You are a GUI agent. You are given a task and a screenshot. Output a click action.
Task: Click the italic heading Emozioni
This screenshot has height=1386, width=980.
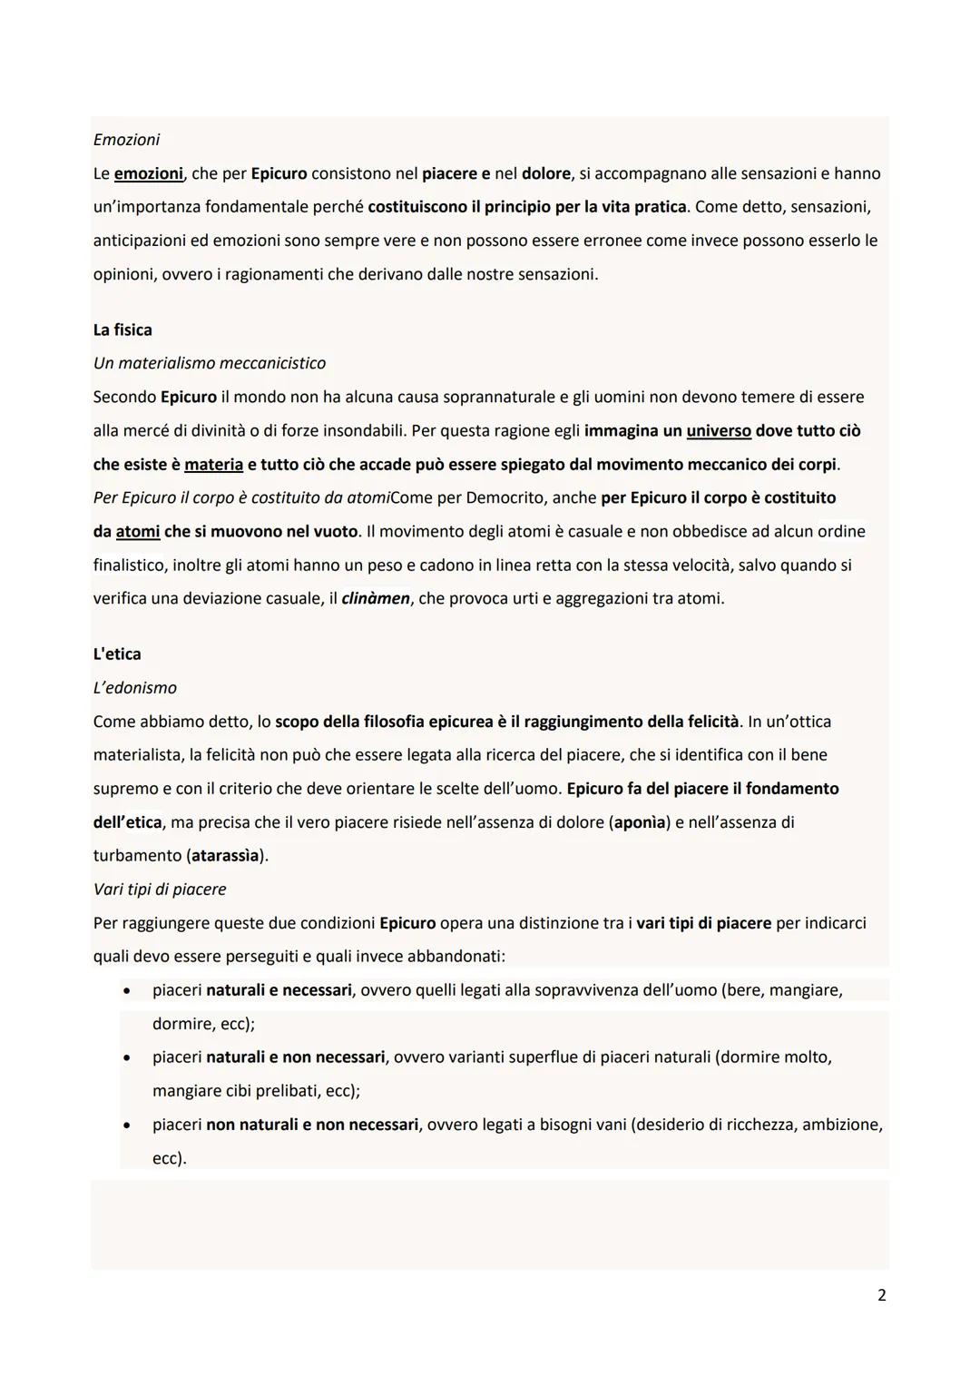126,140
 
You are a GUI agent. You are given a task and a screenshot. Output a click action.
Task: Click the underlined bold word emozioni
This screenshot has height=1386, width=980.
149,173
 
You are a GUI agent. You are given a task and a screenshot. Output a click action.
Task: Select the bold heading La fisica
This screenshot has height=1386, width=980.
122,329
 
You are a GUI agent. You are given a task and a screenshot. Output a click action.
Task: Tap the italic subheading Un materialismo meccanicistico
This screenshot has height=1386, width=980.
209,363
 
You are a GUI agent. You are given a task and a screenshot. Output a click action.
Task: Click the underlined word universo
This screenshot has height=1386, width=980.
718,431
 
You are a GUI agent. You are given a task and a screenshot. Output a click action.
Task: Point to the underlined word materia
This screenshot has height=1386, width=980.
213,465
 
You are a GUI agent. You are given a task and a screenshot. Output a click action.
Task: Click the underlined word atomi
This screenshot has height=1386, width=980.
138,532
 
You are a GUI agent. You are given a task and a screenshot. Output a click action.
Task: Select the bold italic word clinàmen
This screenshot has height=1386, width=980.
376,599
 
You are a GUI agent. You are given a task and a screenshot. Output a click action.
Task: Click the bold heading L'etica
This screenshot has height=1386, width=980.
117,654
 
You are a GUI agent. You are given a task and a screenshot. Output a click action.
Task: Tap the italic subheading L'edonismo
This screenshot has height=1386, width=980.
134,688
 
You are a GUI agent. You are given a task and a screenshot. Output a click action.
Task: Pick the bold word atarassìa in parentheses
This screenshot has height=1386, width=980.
225,856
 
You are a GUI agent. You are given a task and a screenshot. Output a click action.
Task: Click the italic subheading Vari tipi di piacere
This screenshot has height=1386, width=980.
159,890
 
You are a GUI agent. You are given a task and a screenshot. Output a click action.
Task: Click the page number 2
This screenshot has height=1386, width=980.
881,1295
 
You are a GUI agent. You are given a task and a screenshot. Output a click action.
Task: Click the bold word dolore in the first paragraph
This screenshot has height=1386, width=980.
545,173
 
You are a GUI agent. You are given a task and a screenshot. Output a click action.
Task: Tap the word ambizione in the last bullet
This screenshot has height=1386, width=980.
843,1125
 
